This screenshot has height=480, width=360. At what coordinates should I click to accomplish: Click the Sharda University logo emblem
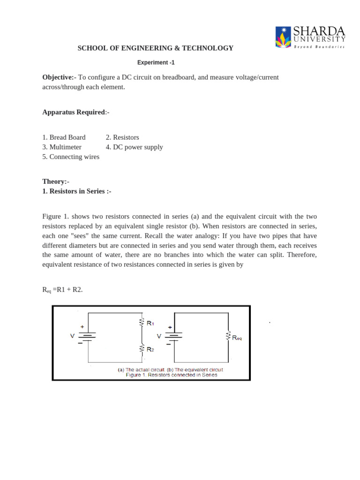click(283, 37)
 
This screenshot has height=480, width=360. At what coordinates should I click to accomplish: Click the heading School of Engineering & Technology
click(155, 48)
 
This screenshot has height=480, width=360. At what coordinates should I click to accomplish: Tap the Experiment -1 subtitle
click(156, 62)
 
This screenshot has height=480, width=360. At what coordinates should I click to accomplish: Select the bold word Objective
click(58, 77)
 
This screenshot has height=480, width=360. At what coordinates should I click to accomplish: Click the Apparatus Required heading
click(74, 112)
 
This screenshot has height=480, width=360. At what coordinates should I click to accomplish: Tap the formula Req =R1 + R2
click(62, 290)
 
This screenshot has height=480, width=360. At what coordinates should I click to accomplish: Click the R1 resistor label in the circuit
click(150, 323)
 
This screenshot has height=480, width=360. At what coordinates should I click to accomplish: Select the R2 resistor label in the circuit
click(150, 349)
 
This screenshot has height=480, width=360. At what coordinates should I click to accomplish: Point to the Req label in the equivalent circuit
click(237, 337)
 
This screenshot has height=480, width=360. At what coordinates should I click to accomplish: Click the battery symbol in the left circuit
click(87, 336)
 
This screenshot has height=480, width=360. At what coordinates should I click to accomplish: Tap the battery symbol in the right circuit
click(174, 336)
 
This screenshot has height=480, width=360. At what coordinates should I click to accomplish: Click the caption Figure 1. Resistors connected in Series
click(172, 375)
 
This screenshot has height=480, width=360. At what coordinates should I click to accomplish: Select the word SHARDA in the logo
click(319, 31)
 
